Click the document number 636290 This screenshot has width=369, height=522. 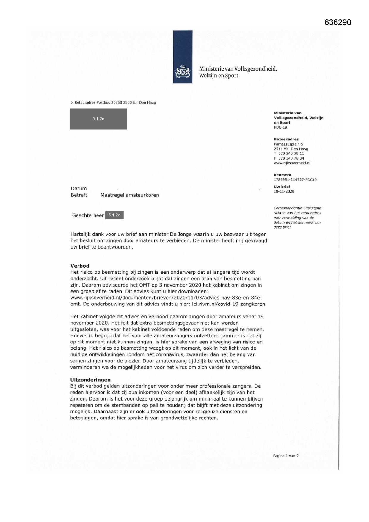338,23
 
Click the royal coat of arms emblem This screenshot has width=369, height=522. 183,71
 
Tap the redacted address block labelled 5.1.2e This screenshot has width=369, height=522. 98,119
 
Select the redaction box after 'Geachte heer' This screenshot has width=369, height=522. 114,215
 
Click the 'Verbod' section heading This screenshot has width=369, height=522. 80,266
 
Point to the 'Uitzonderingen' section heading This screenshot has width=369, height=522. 90,380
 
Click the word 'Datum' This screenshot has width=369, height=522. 79,188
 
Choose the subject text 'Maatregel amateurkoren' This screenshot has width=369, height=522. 130,195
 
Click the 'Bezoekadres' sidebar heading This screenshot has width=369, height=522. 286,139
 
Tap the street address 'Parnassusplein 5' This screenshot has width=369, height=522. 288,144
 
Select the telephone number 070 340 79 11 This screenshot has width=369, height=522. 291,154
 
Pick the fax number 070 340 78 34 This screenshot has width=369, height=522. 291,158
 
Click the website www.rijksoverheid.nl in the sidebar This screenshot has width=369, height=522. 292,163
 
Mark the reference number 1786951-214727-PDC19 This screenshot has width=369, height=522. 295,180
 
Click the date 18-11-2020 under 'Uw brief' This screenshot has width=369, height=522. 284,191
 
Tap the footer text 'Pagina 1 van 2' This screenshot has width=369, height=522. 285,456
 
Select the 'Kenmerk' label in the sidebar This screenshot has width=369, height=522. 282,175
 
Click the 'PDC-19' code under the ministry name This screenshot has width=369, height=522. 280,127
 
